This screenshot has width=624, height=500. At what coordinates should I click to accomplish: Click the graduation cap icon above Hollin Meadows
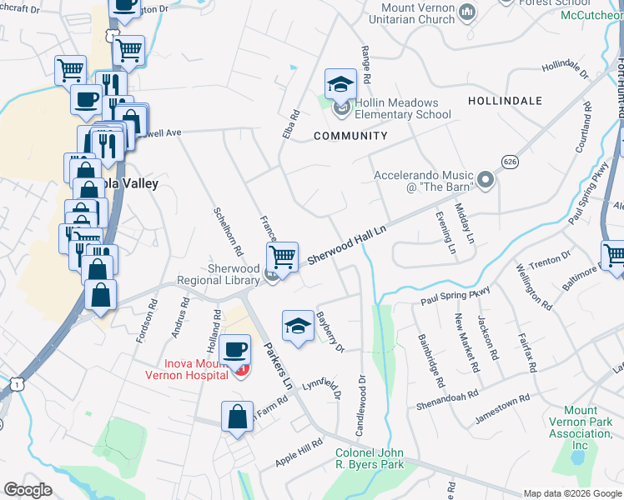tap(340, 84)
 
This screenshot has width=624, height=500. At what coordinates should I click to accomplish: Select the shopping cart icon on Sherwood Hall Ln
tap(283, 256)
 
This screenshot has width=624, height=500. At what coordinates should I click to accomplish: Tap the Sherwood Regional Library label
tap(222, 274)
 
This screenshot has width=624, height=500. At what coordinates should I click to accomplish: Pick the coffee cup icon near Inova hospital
tap(237, 348)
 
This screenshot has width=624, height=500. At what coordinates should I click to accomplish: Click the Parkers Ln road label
tap(277, 366)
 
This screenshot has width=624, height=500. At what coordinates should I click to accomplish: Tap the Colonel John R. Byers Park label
tap(370, 458)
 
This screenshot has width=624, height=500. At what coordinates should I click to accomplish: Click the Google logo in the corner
tap(28, 489)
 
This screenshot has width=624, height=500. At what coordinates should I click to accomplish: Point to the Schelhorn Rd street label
tap(228, 232)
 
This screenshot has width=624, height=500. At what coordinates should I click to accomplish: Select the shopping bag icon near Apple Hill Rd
tap(238, 416)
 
